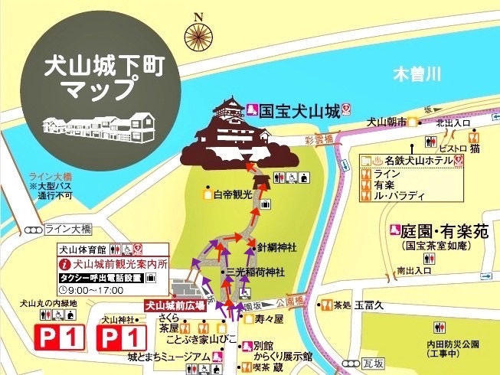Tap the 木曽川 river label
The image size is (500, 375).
(x=417, y=76)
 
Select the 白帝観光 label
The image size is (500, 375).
(x=233, y=194)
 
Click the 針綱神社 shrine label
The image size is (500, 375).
(x=276, y=247)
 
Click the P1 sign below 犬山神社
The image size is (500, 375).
(x=121, y=336)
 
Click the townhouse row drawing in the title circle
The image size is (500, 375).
(x=97, y=123)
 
